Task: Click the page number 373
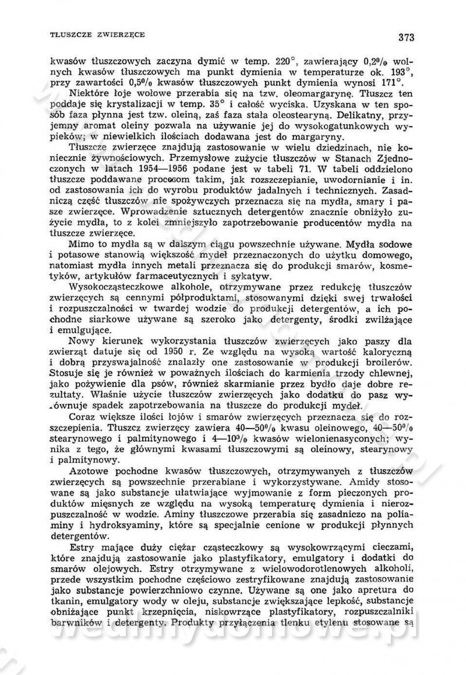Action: [x=406, y=38]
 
